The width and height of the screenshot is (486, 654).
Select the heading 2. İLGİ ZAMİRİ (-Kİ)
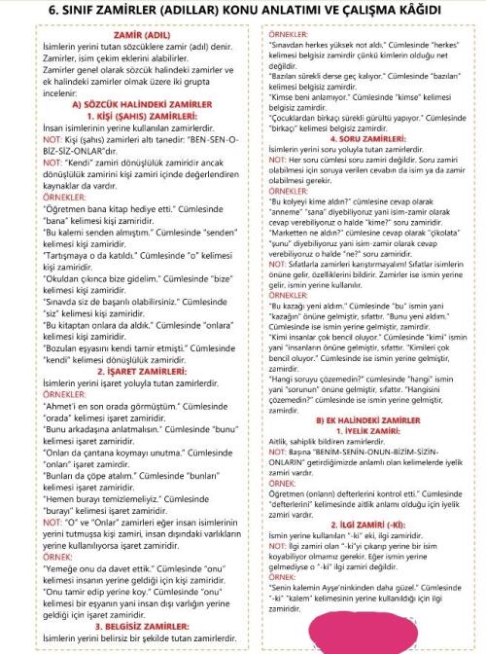point(361,524)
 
